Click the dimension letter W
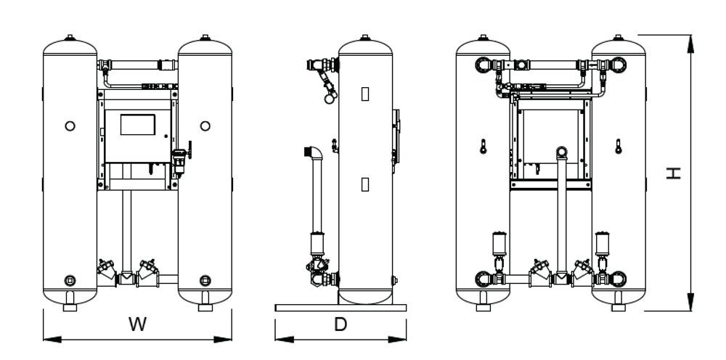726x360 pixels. (x=137, y=324)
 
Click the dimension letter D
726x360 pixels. (x=340, y=324)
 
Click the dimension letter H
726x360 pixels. (x=674, y=173)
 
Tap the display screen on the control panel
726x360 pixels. (x=137, y=124)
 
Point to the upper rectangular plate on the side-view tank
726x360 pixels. (x=365, y=94)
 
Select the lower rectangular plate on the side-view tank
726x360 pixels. (x=365, y=184)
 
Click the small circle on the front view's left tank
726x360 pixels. (x=70, y=126)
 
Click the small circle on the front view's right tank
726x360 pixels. (x=205, y=126)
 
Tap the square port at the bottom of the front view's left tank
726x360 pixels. (x=70, y=280)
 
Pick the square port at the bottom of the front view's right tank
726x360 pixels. (x=205, y=280)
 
